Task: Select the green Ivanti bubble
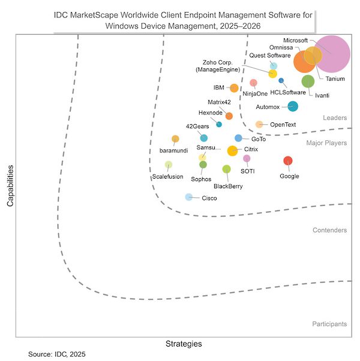point(308,81)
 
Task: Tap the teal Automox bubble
point(293,107)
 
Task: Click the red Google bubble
point(288,160)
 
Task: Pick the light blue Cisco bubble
point(188,197)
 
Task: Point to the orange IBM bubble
point(234,88)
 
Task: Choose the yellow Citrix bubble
point(232,151)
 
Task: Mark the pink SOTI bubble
point(247,158)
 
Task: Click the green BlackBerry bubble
point(226,169)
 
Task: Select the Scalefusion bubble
point(169,165)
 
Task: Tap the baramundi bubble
point(175,139)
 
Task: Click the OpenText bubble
point(259,124)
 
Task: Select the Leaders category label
point(335,118)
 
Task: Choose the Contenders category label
point(329,230)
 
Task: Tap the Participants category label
point(329,324)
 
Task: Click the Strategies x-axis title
point(184,344)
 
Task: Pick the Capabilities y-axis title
point(10,186)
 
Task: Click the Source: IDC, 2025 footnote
point(57,354)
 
